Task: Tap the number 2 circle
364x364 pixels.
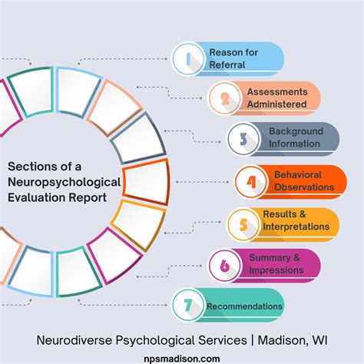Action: [224, 98]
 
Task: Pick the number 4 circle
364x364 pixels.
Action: [250, 181]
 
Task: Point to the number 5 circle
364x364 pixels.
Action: [243, 224]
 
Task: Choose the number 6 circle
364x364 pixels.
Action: [225, 265]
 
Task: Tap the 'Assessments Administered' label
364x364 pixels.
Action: [277, 98]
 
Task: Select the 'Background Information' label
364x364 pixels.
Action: [295, 138]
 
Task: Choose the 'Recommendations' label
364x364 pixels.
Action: [244, 306]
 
